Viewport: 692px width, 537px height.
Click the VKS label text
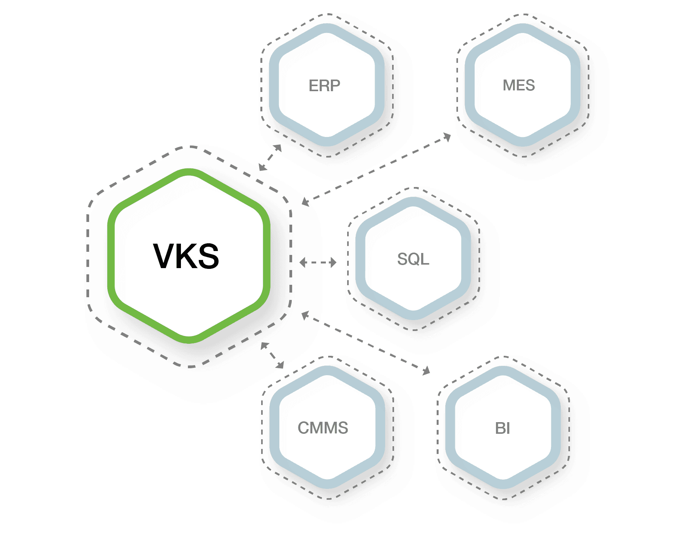tap(186, 256)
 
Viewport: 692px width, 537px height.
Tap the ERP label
tap(324, 85)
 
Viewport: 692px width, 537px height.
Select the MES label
tap(519, 85)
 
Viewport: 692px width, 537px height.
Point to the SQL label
tap(413, 259)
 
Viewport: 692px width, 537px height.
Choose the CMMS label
tap(323, 428)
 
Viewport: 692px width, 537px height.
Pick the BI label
tap(503, 428)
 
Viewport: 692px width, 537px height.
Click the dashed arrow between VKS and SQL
tap(318, 263)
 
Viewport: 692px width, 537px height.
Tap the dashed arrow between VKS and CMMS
tap(272, 355)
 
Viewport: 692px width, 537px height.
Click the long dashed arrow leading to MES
tap(376, 169)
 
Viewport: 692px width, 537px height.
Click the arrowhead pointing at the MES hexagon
tap(447, 137)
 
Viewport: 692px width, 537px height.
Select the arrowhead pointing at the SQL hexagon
tap(333, 263)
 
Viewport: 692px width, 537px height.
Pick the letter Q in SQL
tap(413, 259)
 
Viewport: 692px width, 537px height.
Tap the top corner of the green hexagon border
tap(189, 172)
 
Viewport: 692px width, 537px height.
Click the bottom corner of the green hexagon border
tap(189, 340)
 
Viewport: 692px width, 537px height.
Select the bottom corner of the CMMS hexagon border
tap(328, 485)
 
